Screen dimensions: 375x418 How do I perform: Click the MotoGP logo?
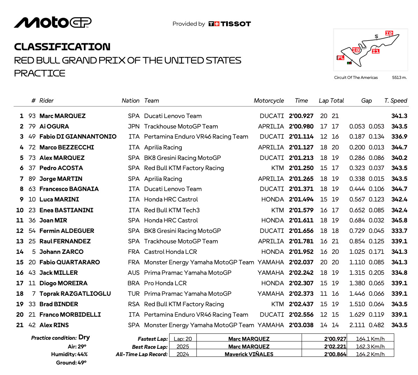[52, 22]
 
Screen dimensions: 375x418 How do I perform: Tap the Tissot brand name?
[236, 24]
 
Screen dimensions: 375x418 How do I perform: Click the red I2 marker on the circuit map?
[389, 33]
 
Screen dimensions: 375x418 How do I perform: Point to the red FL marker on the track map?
[340, 58]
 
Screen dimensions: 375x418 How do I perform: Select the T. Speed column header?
[396, 101]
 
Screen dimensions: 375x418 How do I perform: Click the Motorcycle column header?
[268, 101]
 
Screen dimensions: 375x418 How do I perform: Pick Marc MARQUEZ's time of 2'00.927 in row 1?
[301, 116]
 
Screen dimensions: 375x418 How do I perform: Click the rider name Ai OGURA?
[54, 126]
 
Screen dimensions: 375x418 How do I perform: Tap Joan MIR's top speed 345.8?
[399, 220]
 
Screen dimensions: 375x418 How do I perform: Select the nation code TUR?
[134, 294]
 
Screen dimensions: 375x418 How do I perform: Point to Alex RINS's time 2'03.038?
[301, 325]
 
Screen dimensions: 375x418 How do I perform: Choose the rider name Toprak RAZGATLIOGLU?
[75, 294]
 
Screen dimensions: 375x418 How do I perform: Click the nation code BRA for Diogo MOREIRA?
[134, 283]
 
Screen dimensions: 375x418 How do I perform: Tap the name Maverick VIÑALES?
[249, 354]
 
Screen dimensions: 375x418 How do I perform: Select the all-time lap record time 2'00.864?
[335, 354]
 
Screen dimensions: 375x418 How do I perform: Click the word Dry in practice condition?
[84, 337]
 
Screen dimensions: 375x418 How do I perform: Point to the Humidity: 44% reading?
[69, 354]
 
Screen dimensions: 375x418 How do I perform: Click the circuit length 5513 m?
[399, 78]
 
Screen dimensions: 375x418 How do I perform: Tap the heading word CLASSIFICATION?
[62, 47]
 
